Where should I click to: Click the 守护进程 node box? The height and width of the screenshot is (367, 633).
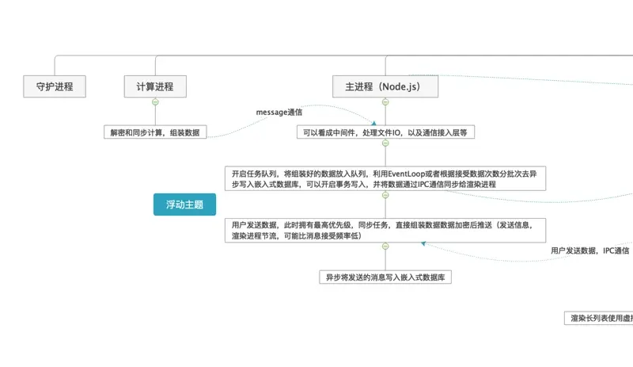(55, 86)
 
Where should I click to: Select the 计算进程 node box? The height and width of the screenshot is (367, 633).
(155, 86)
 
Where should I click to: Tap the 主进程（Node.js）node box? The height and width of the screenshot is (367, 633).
(385, 86)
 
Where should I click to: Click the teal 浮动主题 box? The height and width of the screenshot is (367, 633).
(184, 205)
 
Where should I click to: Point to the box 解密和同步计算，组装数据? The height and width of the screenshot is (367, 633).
(155, 132)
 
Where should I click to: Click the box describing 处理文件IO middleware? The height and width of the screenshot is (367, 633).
(385, 132)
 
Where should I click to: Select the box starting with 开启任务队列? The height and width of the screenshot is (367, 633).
(385, 178)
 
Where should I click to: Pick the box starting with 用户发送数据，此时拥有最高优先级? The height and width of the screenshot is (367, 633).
(385, 230)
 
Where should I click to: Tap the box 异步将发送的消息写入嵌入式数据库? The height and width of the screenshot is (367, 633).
(385, 277)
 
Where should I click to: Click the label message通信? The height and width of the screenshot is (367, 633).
(279, 113)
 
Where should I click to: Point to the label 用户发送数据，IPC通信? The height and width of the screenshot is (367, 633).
(589, 250)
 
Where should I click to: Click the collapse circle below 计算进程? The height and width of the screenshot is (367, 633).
(155, 102)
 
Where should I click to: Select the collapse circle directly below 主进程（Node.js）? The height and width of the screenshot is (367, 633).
(385, 102)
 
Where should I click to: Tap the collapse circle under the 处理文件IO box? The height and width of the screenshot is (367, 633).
(385, 143)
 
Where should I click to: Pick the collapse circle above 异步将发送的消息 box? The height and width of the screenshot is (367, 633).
(385, 247)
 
